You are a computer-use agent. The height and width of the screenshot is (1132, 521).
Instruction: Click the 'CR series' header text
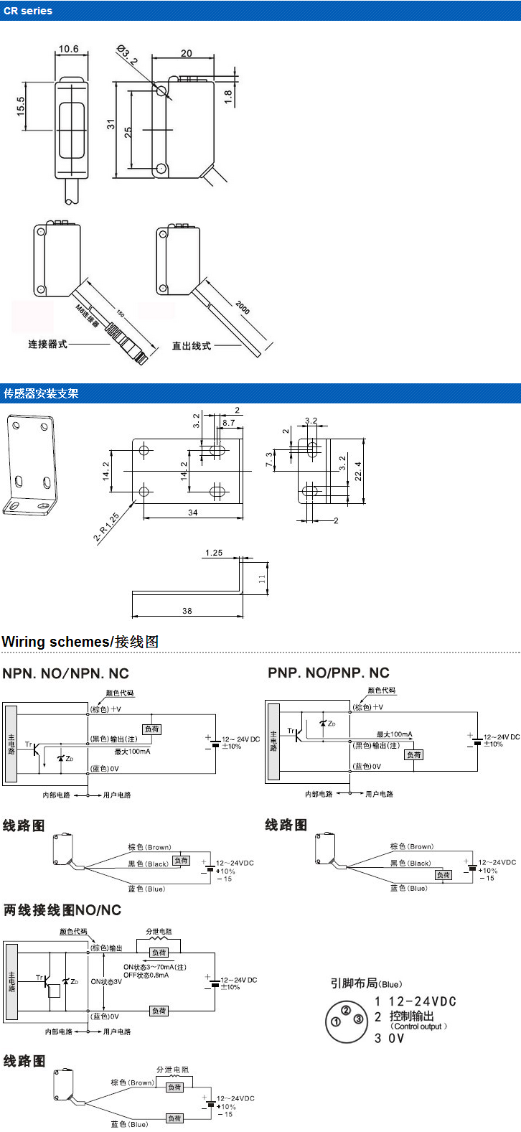(x=28, y=11)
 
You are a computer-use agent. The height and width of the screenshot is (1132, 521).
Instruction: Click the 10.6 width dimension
(x=68, y=49)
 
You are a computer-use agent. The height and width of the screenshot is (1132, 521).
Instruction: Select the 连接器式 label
(x=47, y=344)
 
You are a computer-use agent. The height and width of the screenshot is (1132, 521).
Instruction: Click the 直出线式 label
(x=191, y=345)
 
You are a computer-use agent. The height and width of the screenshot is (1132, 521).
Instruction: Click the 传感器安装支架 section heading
(x=41, y=393)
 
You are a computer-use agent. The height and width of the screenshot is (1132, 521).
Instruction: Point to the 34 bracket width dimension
(x=193, y=512)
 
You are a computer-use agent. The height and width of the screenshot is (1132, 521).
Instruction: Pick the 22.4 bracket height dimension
(x=358, y=472)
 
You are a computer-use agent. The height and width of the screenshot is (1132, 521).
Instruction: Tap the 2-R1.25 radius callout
(x=106, y=528)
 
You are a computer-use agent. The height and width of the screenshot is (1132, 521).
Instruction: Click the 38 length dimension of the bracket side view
(x=187, y=611)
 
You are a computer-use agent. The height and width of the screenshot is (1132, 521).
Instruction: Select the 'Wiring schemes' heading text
(x=57, y=642)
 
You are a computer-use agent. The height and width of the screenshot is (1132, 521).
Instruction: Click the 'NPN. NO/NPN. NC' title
(x=65, y=674)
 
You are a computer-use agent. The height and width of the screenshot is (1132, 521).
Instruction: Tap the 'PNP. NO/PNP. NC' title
(x=329, y=673)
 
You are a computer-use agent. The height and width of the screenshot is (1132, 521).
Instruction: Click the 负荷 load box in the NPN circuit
(x=152, y=729)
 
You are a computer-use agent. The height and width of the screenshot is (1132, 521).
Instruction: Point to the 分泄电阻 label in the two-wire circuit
(x=159, y=931)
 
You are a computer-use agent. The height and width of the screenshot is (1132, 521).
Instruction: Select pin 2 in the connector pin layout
(x=346, y=1011)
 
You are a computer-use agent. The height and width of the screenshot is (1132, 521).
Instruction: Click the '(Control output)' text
(x=419, y=1026)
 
